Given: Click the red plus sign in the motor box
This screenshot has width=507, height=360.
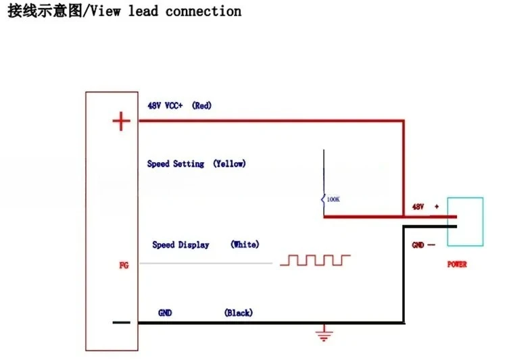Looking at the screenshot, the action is coord(121,121).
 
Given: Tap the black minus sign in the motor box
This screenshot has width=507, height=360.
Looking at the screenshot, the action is coord(121,322).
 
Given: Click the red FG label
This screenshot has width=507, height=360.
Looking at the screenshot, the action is coord(124,265).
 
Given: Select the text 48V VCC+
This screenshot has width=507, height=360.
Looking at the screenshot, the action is coord(165,105).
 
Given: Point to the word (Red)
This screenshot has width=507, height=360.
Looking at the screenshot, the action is coord(201,105).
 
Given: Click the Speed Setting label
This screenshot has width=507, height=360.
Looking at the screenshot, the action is coord(176,164).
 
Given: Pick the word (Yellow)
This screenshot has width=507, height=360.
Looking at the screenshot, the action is coord(229,163).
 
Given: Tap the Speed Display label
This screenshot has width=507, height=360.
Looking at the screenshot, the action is coord(180,245).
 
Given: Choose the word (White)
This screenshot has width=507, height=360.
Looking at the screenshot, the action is coord(245,245).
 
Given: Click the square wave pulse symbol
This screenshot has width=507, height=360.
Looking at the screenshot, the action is coord(315,260).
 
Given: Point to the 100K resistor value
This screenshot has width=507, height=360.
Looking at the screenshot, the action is coord(333,199).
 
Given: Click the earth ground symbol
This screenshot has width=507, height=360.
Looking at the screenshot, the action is coord(324,333).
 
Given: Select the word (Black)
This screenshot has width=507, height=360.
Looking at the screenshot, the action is coord(239,313).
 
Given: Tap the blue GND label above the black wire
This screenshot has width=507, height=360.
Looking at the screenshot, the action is coord(165,313).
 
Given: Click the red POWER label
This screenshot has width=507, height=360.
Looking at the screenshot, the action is coord(457,264).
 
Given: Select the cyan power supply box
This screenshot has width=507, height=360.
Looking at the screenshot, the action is coord(465,198).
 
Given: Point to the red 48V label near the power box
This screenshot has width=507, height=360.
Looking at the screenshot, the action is coord(418,207).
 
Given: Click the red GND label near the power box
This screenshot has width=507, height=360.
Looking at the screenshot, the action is coord(418,245).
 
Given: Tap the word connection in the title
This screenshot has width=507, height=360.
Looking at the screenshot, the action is coord(203,11).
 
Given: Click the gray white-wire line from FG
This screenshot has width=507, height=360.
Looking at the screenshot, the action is coord(206,263).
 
